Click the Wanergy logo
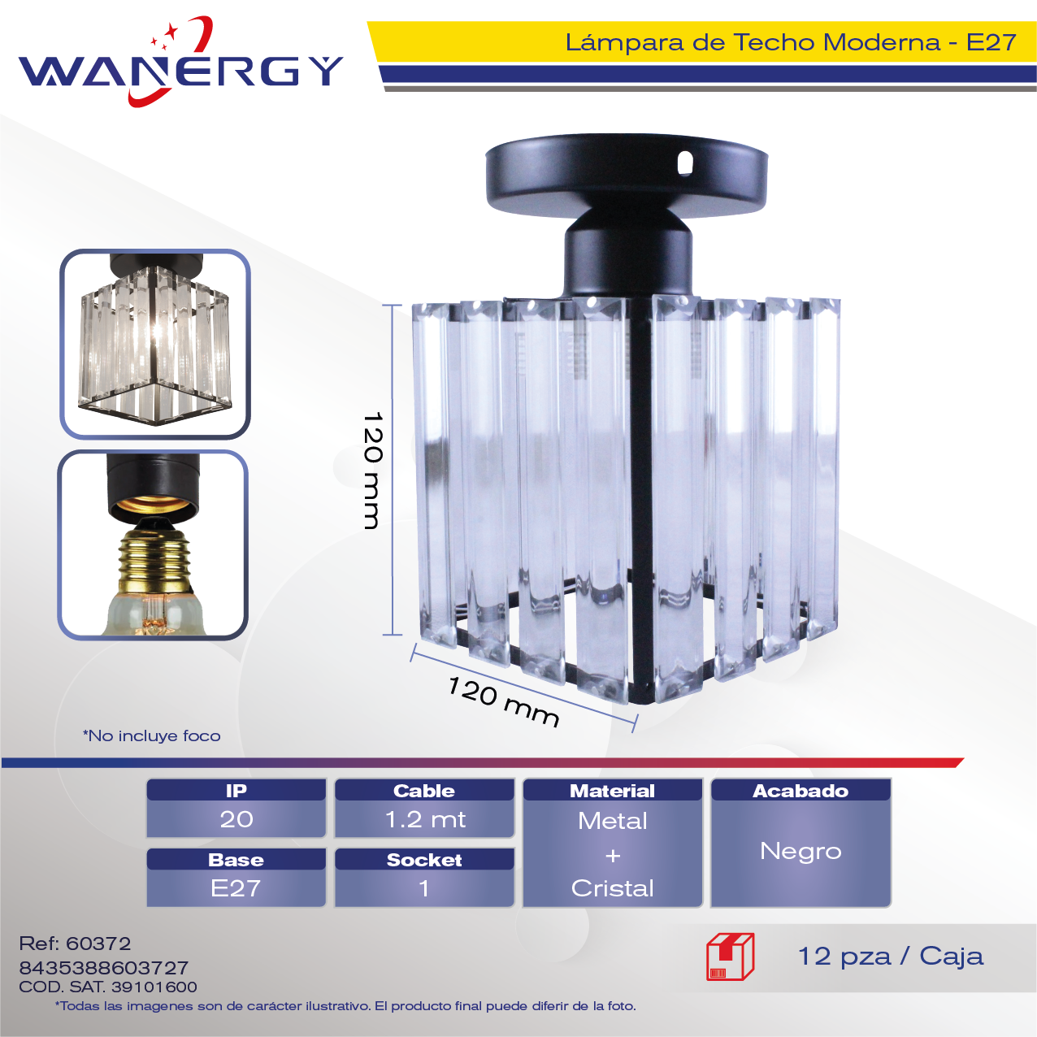click(x=180, y=63)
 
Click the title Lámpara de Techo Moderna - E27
click(x=791, y=42)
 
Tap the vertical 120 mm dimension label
click(x=372, y=471)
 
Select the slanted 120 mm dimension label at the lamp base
click(x=503, y=701)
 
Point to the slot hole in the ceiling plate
click(x=684, y=163)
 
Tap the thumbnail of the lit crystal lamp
click(x=155, y=345)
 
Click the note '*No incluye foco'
click(x=152, y=735)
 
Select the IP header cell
click(x=236, y=790)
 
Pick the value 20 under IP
click(x=236, y=819)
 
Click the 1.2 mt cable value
click(x=425, y=819)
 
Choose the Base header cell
click(x=236, y=859)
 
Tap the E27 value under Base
click(x=236, y=888)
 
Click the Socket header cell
click(x=424, y=859)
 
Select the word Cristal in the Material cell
click(x=613, y=888)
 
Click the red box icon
click(x=731, y=957)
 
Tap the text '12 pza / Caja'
click(x=891, y=957)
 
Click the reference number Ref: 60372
click(x=75, y=944)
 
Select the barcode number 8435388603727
click(x=104, y=968)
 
